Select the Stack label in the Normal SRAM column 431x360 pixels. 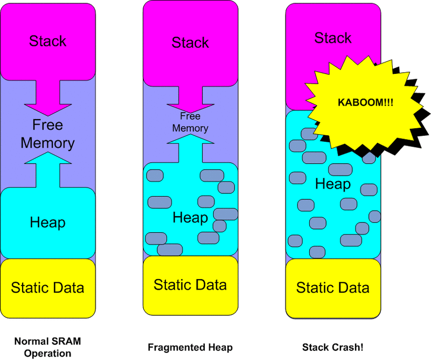[48, 40]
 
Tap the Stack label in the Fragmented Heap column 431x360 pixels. [190, 43]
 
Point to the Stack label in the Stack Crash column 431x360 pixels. [333, 38]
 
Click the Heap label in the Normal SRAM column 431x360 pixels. [48, 223]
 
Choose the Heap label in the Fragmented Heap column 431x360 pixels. [190, 218]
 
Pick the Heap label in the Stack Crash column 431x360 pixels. [333, 184]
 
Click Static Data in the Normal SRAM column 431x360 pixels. [48, 287]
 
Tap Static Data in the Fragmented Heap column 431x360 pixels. [190, 285]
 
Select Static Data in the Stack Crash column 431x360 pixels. [333, 287]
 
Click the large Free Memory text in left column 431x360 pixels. [48, 134]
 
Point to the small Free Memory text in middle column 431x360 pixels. [190, 122]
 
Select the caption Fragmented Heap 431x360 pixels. [190, 348]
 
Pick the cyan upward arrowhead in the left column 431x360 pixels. [48, 159]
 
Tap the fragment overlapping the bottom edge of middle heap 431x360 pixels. [170, 250]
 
